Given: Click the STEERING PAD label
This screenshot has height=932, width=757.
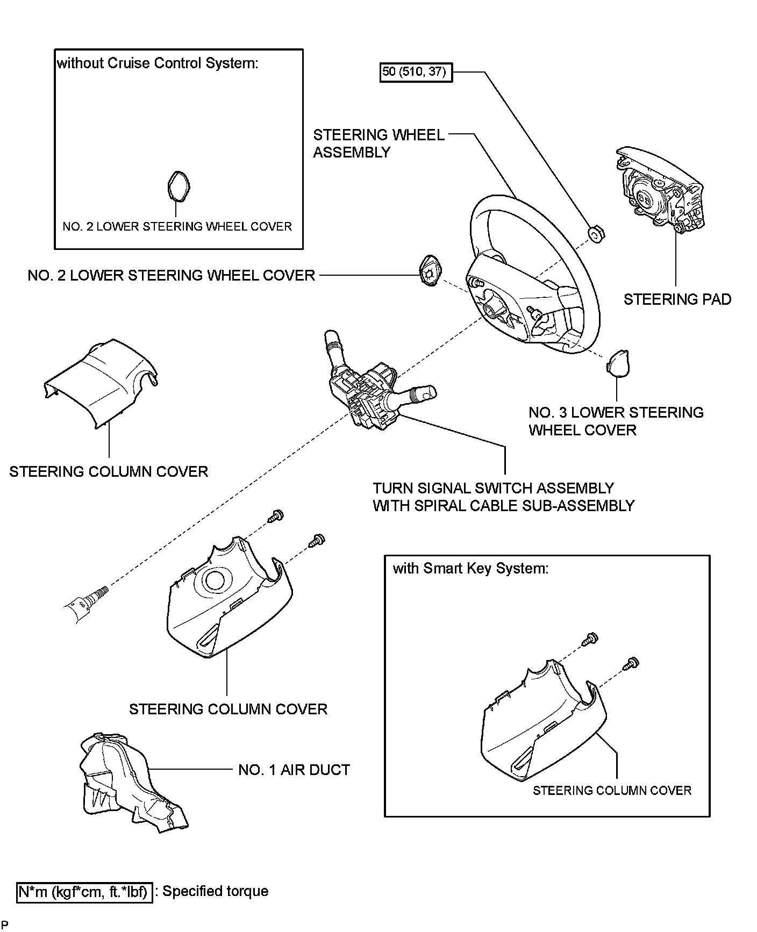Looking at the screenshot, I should (x=677, y=299).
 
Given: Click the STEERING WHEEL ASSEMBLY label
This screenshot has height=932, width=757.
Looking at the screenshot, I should (x=378, y=144).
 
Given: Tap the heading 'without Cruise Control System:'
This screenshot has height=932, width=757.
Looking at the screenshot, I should (x=158, y=63).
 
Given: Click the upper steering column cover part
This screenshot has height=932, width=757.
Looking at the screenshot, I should (x=102, y=383).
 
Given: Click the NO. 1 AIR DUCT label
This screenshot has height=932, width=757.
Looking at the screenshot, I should (x=294, y=770).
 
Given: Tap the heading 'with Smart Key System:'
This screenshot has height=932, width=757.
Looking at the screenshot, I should (x=470, y=569).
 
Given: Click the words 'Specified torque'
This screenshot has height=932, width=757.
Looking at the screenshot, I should (x=215, y=891).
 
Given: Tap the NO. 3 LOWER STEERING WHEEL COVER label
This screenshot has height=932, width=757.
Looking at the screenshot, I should (x=616, y=421).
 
